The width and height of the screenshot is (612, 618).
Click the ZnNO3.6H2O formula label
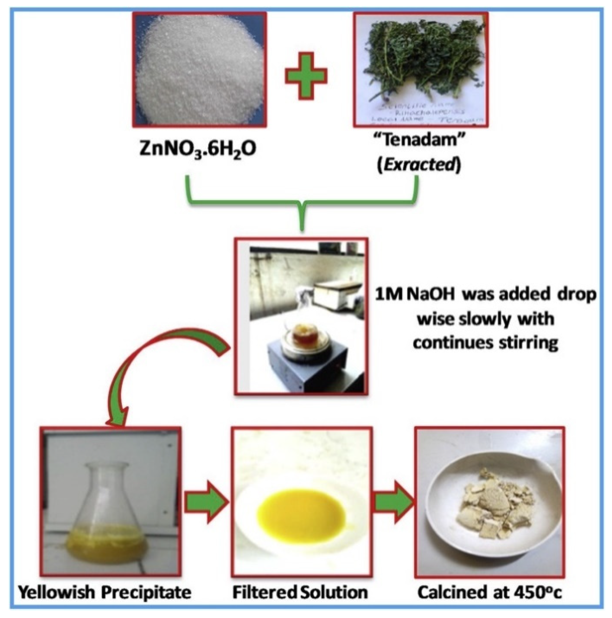tap(198, 150)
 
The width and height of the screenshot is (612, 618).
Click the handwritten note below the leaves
tap(422, 110)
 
